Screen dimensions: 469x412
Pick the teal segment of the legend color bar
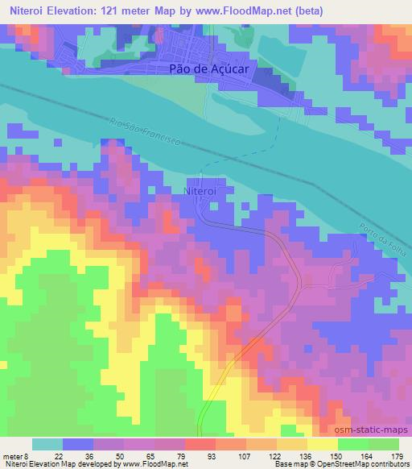47,445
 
